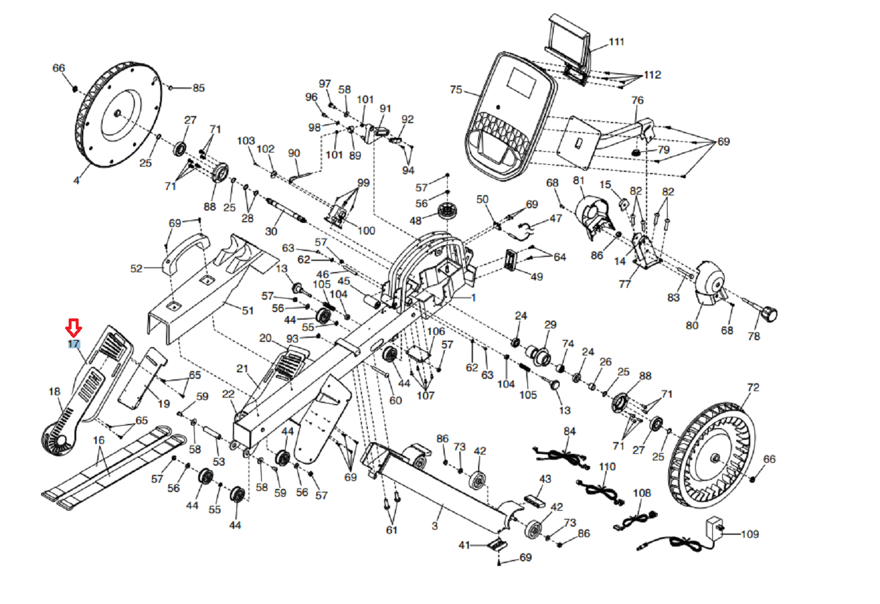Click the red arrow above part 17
74,328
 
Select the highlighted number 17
74,344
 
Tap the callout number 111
617,42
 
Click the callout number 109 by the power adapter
750,534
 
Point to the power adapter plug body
715,525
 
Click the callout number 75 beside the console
456,90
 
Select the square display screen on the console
520,82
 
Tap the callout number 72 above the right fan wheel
753,388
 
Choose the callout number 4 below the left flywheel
76,180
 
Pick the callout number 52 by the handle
136,269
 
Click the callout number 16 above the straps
99,440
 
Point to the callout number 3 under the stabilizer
435,526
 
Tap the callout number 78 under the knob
754,336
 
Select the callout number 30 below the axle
271,231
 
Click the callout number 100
366,230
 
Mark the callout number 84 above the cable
570,431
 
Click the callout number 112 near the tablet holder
652,75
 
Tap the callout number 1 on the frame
473,297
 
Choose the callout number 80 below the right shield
692,325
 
